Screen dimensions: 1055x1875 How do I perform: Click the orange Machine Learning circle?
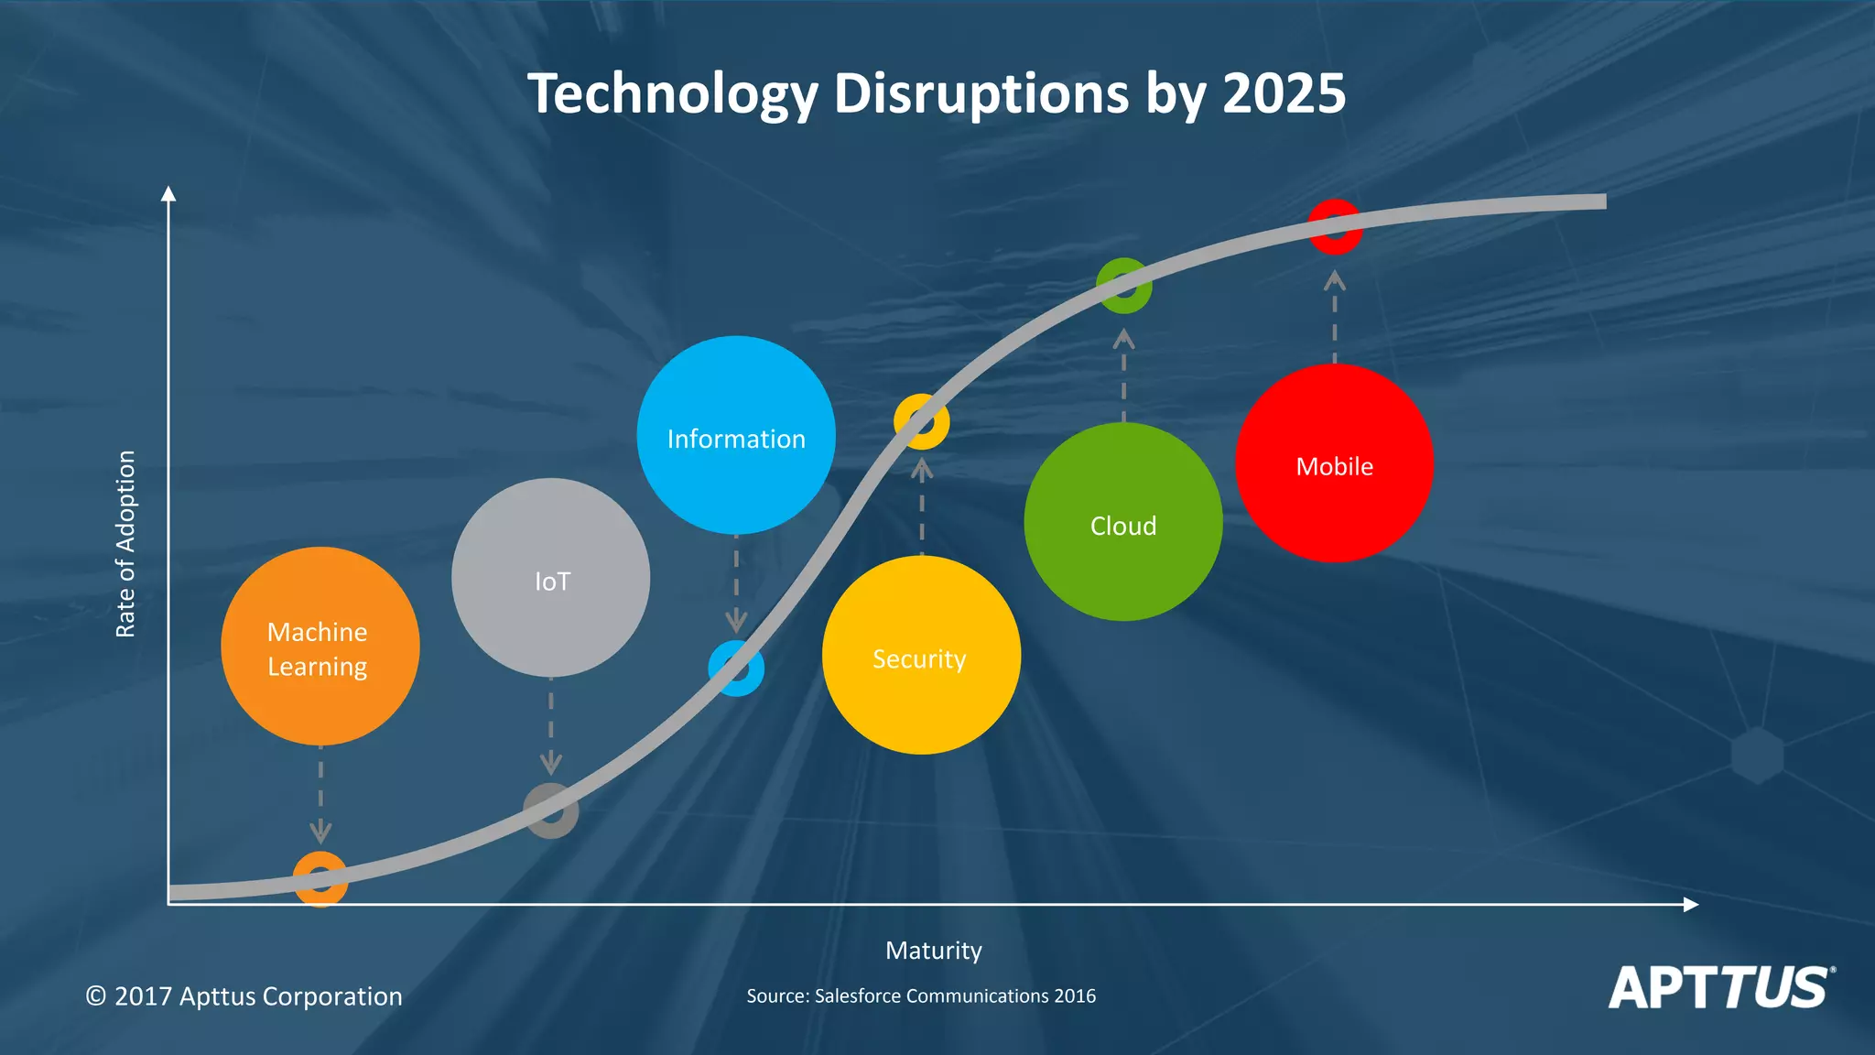tap(320, 646)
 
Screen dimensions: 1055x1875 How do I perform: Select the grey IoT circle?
tap(550, 577)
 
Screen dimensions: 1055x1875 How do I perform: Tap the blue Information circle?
tap(736, 435)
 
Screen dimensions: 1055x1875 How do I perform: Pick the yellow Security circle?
tap(921, 655)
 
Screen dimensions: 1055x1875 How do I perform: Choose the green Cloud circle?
tap(1123, 521)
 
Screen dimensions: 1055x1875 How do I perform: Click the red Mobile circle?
tap(1334, 462)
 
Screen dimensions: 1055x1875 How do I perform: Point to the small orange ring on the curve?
tap(320, 879)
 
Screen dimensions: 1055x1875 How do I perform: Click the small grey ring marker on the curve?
tap(550, 810)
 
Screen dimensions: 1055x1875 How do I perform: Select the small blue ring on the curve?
tap(736, 669)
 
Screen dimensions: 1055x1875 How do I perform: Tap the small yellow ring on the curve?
tap(921, 422)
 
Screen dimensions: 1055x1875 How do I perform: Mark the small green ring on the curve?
tap(1124, 286)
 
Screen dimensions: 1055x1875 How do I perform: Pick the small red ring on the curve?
tap(1335, 226)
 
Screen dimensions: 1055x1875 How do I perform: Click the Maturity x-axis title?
tap(933, 951)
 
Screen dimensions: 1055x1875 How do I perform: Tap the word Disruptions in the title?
tap(981, 93)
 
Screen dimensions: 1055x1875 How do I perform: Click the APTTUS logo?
tap(1720, 987)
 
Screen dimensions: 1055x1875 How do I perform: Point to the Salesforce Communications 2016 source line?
tap(920, 995)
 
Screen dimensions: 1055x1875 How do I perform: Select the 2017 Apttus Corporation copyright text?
tap(244, 995)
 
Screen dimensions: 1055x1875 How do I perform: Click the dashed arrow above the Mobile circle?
tap(1335, 316)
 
